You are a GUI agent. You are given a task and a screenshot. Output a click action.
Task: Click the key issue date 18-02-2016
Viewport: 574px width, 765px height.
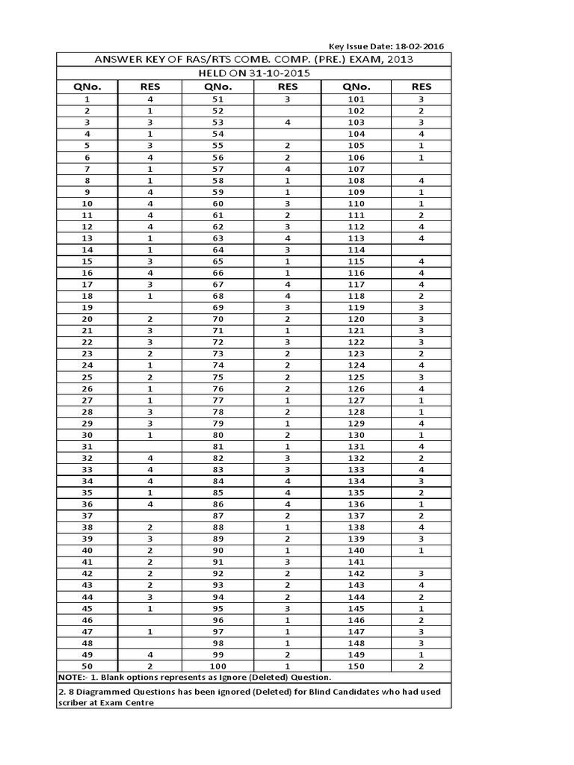pos(414,46)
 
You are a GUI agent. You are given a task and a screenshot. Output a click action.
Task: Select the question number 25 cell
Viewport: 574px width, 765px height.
pos(87,377)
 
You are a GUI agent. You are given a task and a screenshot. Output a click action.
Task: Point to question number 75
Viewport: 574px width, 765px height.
pos(218,377)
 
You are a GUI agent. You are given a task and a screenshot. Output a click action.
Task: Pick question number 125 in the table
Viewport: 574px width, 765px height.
pos(357,377)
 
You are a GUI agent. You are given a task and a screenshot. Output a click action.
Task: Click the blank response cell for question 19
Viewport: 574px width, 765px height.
pos(149,307)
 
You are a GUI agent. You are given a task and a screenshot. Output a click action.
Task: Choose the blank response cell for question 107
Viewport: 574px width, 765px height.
pos(422,168)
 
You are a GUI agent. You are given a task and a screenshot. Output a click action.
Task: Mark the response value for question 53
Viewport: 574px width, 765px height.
pos(287,122)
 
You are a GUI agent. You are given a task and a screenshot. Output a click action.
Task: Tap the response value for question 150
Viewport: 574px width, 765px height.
pos(422,665)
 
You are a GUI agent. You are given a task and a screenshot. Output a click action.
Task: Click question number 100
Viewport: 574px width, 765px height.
pos(218,665)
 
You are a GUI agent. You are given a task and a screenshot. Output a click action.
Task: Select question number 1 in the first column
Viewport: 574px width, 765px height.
pos(87,99)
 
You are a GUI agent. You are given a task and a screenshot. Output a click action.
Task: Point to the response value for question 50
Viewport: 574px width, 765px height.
pos(149,665)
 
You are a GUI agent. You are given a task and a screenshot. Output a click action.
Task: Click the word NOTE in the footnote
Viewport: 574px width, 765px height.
pos(72,677)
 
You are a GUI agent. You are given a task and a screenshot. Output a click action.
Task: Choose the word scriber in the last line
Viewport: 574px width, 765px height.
pos(72,703)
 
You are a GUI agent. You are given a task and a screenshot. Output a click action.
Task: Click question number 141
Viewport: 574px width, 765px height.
pos(357,561)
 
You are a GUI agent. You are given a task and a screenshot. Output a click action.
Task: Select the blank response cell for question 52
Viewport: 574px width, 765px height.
pos(287,111)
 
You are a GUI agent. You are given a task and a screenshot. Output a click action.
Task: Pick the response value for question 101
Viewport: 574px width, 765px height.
pos(422,99)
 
